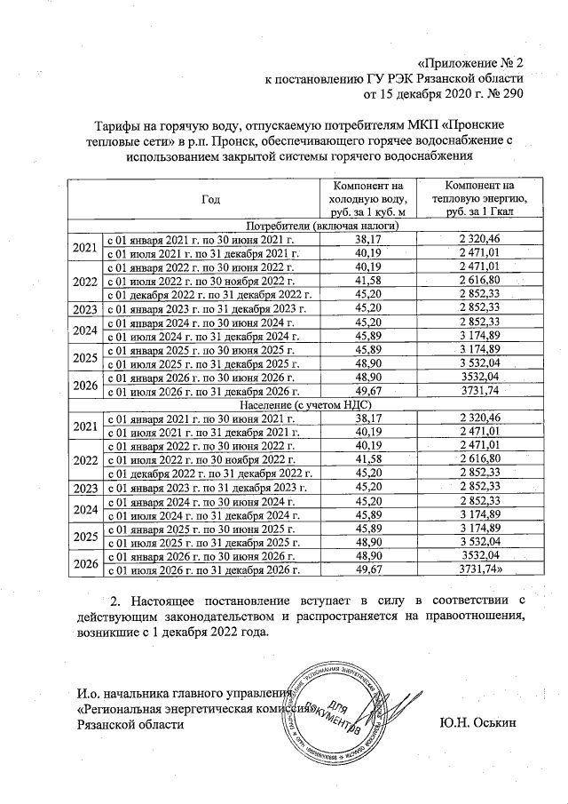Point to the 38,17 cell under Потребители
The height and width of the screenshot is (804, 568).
tap(367, 240)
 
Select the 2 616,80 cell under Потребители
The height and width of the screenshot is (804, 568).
tap(480, 281)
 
